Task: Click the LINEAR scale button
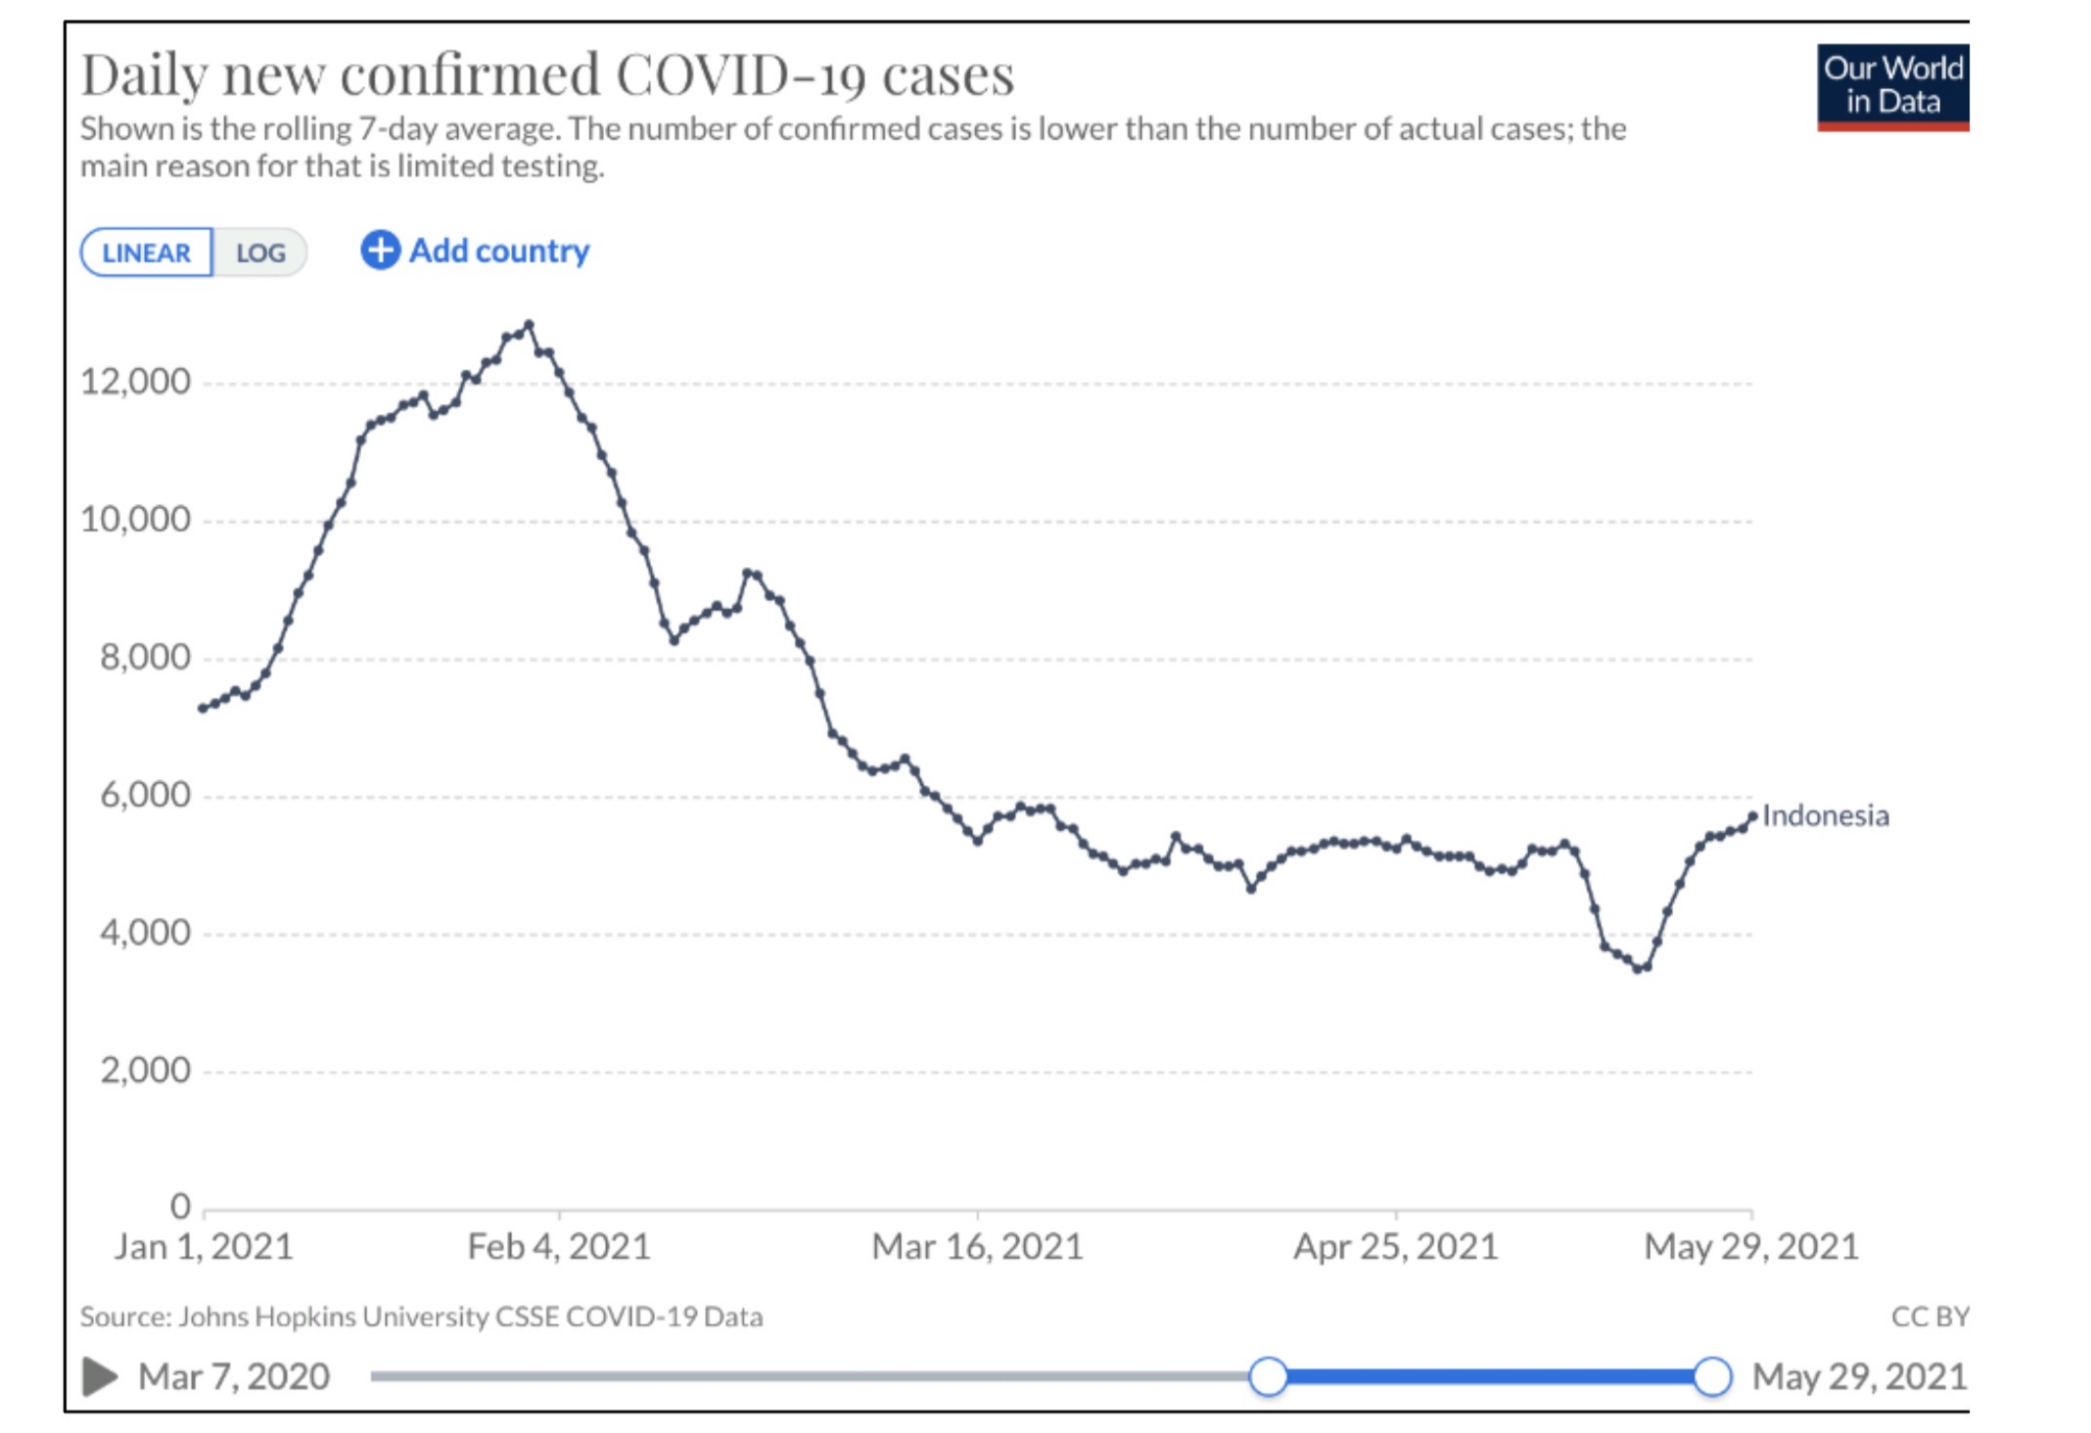tap(147, 253)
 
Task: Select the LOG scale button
tap(260, 253)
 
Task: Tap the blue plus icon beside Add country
tap(380, 250)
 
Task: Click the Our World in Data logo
tap(1891, 86)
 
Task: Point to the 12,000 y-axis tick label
tap(135, 381)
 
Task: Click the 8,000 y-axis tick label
tap(145, 657)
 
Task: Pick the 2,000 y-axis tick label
tap(145, 1070)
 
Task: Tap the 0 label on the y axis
tap(180, 1206)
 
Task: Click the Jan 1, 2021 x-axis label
tap(204, 1247)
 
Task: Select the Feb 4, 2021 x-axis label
tap(559, 1247)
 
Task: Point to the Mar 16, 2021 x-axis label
tap(977, 1247)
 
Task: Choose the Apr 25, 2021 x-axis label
tap(1395, 1247)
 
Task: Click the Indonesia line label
tap(1825, 815)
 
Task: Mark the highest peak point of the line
tap(530, 324)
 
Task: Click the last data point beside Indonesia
tap(1752, 816)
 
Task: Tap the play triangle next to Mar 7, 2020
tap(99, 1376)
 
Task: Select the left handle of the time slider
tap(1269, 1376)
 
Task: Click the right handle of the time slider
tap(1712, 1376)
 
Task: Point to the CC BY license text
tap(1928, 1317)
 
